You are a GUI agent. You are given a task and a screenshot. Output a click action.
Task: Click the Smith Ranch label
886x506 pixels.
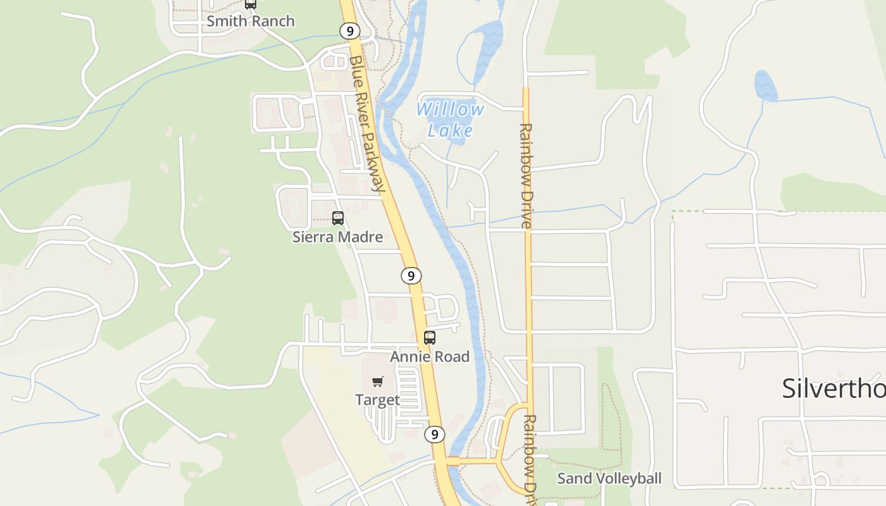(251, 21)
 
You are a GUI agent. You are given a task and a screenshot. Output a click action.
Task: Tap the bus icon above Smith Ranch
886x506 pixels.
(251, 3)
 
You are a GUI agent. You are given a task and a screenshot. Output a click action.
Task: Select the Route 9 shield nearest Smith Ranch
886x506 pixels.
(349, 30)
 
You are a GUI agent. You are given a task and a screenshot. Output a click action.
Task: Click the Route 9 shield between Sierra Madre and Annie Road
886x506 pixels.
(411, 276)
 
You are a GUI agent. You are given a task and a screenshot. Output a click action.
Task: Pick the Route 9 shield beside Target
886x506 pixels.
(434, 435)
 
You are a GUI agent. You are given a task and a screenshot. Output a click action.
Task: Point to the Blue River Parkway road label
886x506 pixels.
(367, 123)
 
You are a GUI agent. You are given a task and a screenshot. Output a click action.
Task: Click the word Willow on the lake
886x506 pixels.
(450, 109)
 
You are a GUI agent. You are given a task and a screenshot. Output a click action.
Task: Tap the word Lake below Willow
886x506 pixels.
(450, 131)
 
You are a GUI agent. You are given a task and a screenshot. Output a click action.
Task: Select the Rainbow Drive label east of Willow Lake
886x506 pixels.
(526, 175)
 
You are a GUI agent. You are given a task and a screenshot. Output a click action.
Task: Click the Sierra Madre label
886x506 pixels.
(337, 237)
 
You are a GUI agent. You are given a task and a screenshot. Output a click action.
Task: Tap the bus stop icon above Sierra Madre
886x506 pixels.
(338, 218)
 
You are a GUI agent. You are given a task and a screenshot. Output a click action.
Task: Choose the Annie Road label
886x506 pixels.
(430, 357)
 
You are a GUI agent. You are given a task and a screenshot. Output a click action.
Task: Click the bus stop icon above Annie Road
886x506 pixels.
(430, 338)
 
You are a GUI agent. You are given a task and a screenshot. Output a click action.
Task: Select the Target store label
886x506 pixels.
(377, 400)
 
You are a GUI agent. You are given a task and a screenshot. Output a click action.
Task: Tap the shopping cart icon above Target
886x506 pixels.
(378, 381)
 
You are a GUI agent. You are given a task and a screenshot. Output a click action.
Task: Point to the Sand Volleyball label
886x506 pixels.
(609, 479)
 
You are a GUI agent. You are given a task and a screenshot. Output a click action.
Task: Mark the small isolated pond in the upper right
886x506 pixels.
(766, 86)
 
